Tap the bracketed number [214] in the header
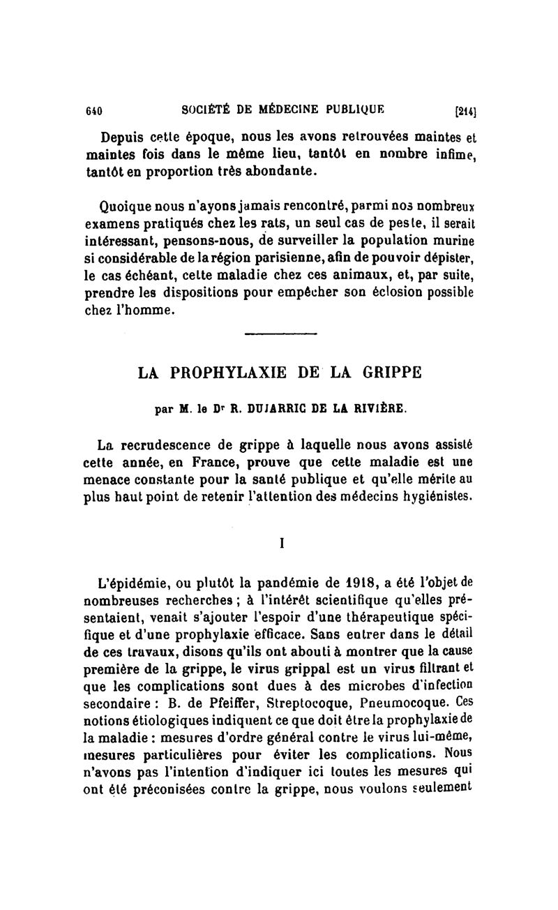pyautogui.click(x=465, y=110)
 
